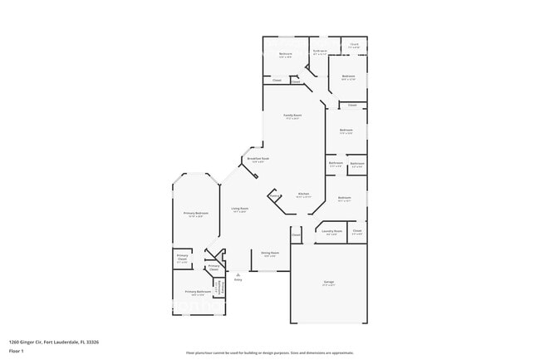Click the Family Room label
(292, 115)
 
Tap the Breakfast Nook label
(258, 158)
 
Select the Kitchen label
(304, 194)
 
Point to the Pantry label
(273, 196)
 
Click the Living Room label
(239, 209)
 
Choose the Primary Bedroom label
(195, 213)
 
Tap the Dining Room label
(270, 252)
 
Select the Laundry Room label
(332, 232)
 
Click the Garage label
(328, 282)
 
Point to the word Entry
(238, 279)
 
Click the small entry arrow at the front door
(238, 273)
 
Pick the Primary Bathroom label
(195, 292)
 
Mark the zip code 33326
(93, 341)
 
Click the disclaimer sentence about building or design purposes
(270, 353)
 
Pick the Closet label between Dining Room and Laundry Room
(296, 235)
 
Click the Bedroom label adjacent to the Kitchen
(344, 198)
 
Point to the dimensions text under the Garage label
(328, 286)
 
